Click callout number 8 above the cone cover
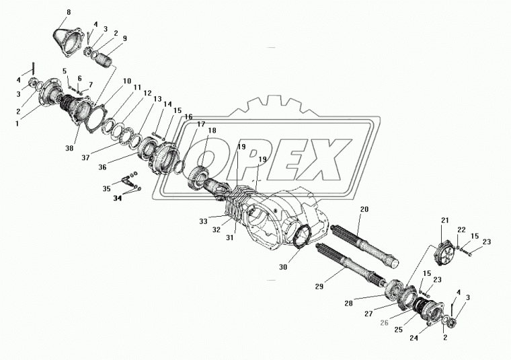pyautogui.click(x=69, y=12)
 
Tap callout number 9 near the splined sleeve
pyautogui.click(x=124, y=38)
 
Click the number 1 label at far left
pyautogui.click(x=17, y=124)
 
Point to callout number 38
pyautogui.click(x=69, y=148)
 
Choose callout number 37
pyautogui.click(x=85, y=158)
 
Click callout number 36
pyautogui.click(x=103, y=167)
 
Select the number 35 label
pyautogui.click(x=106, y=189)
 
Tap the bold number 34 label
pyautogui.click(x=117, y=198)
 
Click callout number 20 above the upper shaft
pyautogui.click(x=364, y=209)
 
